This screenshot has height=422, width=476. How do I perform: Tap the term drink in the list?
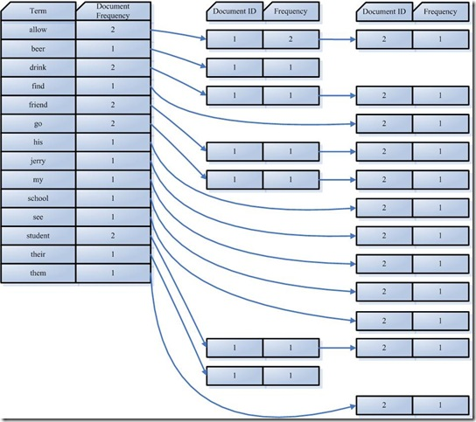click(38, 67)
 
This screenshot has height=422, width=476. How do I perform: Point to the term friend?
click(38, 104)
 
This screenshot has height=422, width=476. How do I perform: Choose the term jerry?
click(38, 160)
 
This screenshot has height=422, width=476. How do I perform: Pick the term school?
click(38, 198)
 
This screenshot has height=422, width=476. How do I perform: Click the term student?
click(38, 236)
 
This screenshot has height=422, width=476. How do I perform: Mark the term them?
click(38, 273)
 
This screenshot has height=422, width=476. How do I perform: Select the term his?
click(38, 142)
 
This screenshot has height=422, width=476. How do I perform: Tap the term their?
click(38, 254)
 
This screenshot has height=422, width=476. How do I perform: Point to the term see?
click(38, 217)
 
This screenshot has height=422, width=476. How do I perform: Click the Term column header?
click(38, 10)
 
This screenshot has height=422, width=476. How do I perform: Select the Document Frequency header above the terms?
click(113, 10)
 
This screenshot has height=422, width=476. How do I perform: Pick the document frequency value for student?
click(113, 236)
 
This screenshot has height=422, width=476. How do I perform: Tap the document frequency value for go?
click(113, 123)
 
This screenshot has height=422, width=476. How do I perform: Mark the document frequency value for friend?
click(113, 104)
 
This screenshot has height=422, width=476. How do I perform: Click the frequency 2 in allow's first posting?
click(290, 39)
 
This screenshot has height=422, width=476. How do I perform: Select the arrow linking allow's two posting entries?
click(338, 39)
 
